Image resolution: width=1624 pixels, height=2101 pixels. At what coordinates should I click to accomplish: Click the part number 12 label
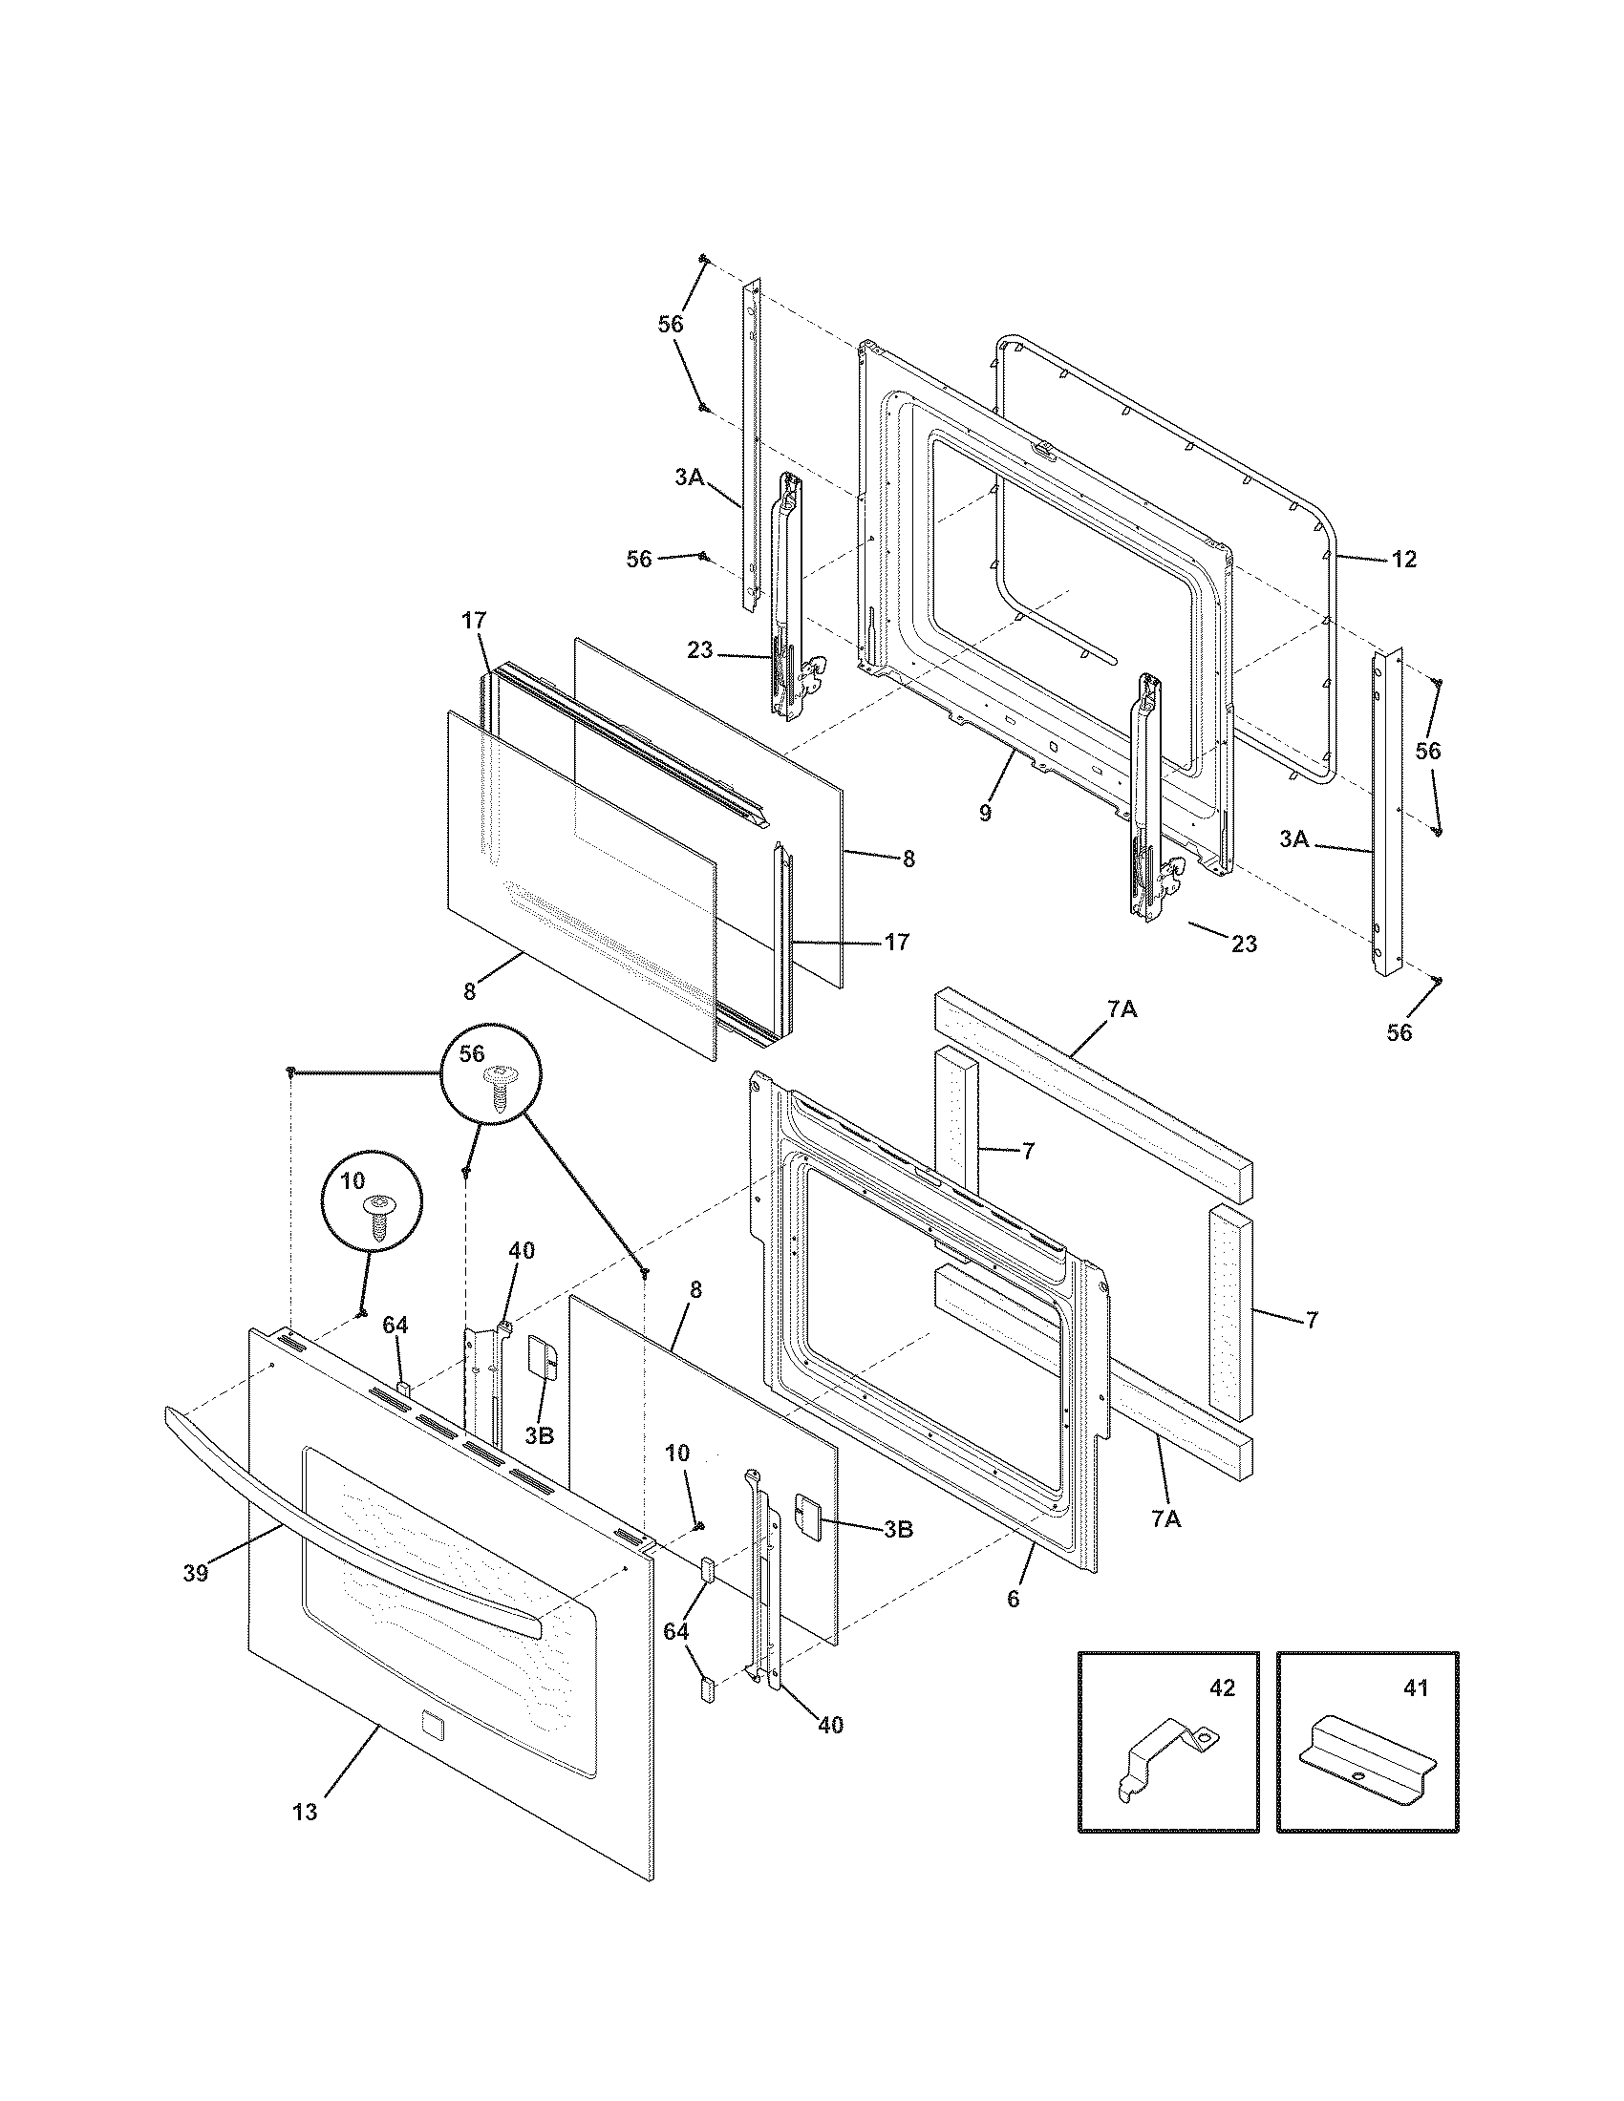(x=1403, y=559)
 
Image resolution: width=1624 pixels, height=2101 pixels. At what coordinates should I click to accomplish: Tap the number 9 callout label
(x=984, y=814)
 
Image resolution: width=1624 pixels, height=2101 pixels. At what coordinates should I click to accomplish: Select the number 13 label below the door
(x=304, y=1813)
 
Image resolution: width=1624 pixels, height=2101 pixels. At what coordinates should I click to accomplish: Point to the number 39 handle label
(x=195, y=1575)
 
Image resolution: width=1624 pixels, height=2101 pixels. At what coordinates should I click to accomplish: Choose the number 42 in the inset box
(x=1222, y=1688)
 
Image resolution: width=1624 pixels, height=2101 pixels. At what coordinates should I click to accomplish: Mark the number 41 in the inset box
(x=1416, y=1688)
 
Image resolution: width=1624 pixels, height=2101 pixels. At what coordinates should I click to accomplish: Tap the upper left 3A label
(x=689, y=476)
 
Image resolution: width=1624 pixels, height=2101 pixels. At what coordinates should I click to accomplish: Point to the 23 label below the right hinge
(x=1244, y=944)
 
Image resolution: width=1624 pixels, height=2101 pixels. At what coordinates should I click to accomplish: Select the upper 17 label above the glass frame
(x=473, y=621)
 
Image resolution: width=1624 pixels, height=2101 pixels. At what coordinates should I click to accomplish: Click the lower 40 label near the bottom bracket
(x=830, y=1725)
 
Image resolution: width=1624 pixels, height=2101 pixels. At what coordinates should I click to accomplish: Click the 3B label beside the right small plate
(x=898, y=1530)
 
